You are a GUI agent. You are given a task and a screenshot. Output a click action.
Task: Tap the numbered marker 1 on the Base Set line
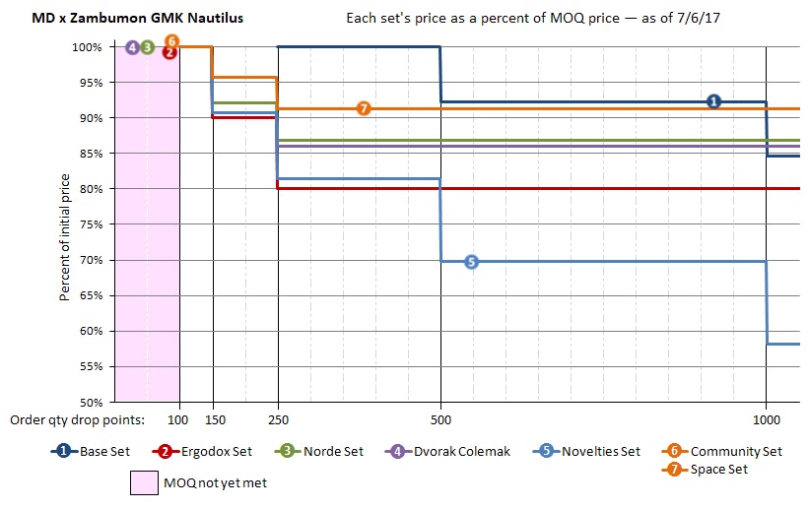pyautogui.click(x=713, y=101)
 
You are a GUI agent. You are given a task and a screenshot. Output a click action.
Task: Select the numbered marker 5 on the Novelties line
pyautogui.click(x=470, y=261)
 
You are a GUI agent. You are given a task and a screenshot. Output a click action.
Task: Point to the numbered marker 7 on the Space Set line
pyautogui.click(x=364, y=108)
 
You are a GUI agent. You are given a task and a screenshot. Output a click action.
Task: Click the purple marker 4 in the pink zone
pyautogui.click(x=132, y=46)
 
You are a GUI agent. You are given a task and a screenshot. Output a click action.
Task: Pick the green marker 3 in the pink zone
pyautogui.click(x=147, y=46)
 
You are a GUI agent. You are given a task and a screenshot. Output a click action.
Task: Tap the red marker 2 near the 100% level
pyautogui.click(x=169, y=53)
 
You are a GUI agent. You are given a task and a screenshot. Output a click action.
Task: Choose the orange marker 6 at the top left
pyautogui.click(x=171, y=41)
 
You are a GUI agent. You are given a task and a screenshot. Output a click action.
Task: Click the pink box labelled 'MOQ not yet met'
pyautogui.click(x=146, y=482)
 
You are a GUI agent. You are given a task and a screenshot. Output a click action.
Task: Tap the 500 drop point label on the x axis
pyautogui.click(x=440, y=418)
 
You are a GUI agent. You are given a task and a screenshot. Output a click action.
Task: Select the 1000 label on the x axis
pyautogui.click(x=766, y=418)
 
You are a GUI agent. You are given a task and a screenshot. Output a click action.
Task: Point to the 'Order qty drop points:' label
pyautogui.click(x=78, y=418)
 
